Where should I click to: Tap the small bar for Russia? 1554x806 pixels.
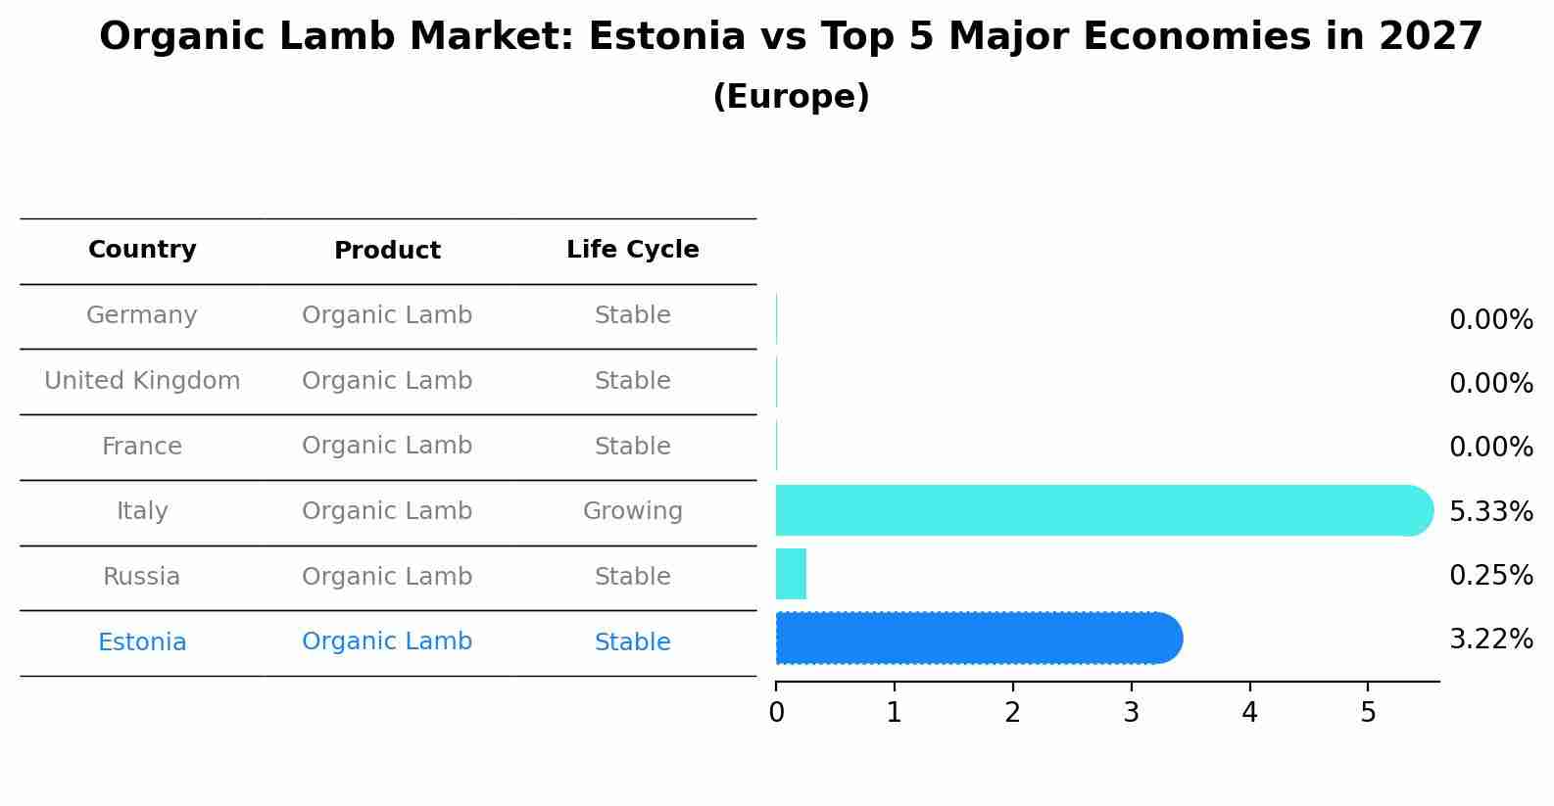[x=791, y=574]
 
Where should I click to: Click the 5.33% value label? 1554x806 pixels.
[x=1490, y=511]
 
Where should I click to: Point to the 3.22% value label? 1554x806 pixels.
[x=1490, y=640]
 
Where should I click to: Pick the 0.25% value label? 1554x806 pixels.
[x=1490, y=576]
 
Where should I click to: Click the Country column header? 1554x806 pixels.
[x=142, y=250]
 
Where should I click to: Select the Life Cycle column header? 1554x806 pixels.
[x=632, y=250]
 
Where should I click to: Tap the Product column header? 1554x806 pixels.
[x=387, y=251]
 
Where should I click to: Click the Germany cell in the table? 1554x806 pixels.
[x=142, y=315]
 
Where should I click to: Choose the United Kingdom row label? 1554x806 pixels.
[x=142, y=381]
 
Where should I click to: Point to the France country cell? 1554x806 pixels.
[x=142, y=447]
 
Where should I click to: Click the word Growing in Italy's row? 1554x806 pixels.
[x=632, y=511]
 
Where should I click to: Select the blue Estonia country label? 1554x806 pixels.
[x=142, y=642]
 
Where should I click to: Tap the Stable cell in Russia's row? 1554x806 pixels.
[x=632, y=577]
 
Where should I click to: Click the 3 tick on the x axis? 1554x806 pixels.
[x=1131, y=713]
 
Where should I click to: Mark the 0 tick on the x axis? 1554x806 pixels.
[x=776, y=713]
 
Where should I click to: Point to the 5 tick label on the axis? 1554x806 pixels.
[x=1368, y=713]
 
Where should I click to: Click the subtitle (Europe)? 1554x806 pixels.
[x=791, y=97]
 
